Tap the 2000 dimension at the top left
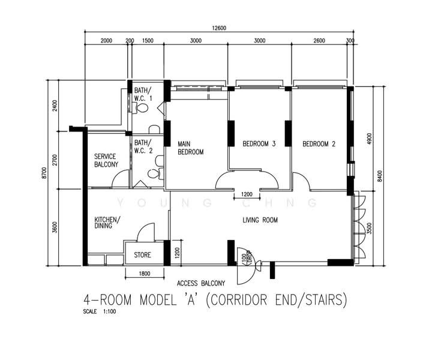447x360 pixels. click(106, 41)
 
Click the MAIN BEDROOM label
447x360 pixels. click(190, 148)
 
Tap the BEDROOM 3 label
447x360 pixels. click(259, 144)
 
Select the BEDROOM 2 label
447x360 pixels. click(319, 144)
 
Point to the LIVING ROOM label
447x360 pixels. click(260, 220)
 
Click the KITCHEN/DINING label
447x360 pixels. click(107, 223)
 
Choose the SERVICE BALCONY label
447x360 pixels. click(106, 160)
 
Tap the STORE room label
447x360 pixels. click(143, 255)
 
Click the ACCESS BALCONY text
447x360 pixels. click(201, 283)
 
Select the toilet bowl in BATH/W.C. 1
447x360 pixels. click(142, 108)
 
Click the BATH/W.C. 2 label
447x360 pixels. click(143, 146)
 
